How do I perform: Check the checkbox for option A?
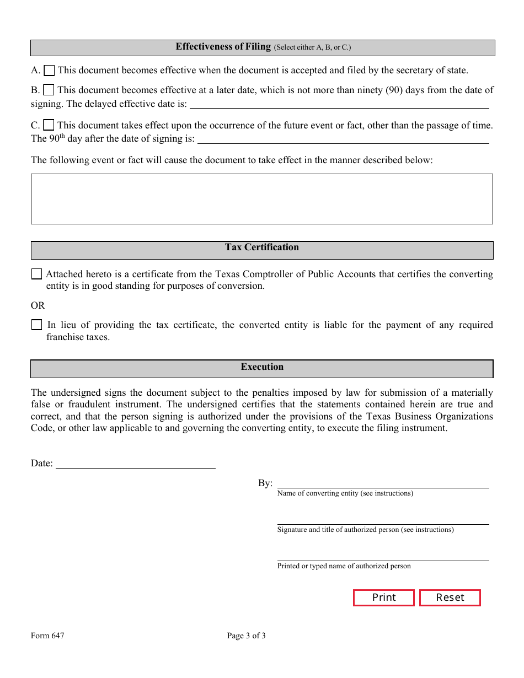(49, 70)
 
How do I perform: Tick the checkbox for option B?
(49, 90)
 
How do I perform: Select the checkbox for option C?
(49, 125)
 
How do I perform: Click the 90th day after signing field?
(343, 138)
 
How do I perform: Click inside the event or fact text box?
(261, 199)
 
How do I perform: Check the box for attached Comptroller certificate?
(36, 274)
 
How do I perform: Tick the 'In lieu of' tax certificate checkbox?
(36, 325)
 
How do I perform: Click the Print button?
(384, 598)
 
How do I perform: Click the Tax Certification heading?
(262, 247)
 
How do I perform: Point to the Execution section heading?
(262, 367)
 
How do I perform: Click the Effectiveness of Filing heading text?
(223, 47)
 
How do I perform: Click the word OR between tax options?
(38, 305)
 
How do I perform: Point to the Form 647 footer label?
(47, 636)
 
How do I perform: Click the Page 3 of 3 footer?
(246, 636)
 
